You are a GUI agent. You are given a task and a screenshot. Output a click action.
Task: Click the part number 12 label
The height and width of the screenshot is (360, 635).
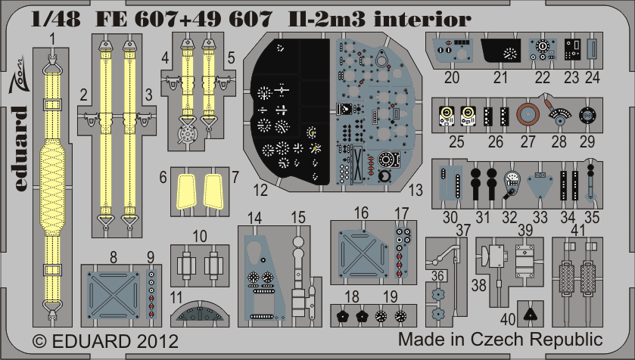260,190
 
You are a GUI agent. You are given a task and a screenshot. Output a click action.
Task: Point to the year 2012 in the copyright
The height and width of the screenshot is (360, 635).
157,341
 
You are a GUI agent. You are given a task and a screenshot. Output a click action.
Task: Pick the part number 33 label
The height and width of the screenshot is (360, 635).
540,217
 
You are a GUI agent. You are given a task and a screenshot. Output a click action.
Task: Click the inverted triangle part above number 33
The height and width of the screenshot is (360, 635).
539,184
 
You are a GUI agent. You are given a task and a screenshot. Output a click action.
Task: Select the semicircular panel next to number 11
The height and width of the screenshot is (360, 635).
199,314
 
